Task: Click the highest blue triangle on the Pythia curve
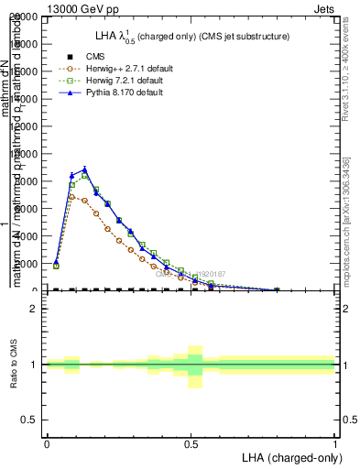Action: tap(84, 169)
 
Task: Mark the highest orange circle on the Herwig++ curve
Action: tap(72, 196)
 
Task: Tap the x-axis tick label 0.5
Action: tap(191, 443)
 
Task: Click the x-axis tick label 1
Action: tap(334, 443)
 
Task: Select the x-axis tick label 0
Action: tap(47, 443)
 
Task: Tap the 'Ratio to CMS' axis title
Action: tap(13, 365)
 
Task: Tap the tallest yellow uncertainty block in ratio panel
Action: tap(195, 366)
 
